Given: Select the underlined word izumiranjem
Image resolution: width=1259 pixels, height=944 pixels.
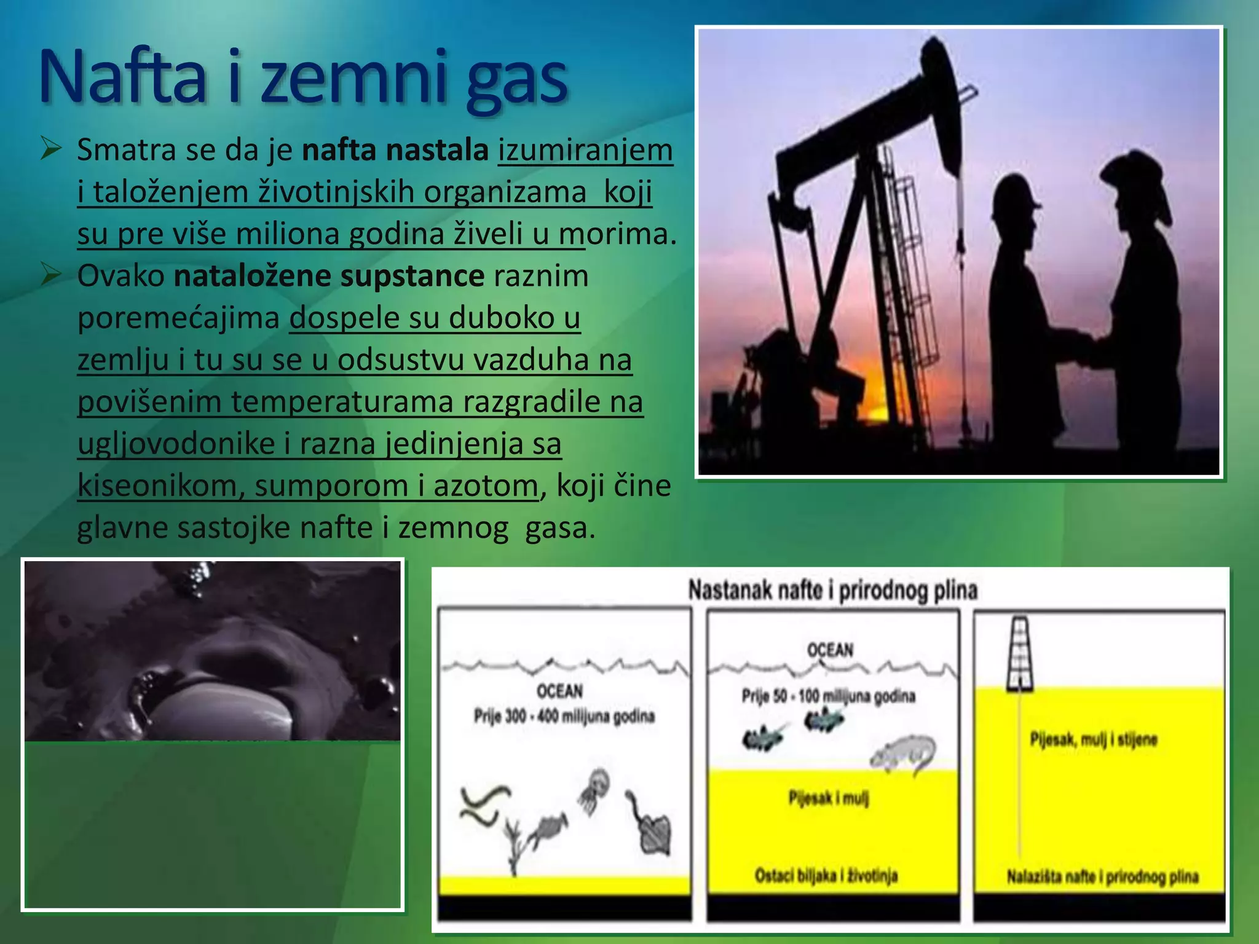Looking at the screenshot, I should click(585, 151).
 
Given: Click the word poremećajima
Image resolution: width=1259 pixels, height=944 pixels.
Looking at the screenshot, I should click(178, 318).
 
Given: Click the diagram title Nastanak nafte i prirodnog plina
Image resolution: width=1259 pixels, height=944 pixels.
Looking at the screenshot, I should click(832, 591).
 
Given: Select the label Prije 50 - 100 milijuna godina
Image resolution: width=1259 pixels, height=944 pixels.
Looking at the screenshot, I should click(828, 696).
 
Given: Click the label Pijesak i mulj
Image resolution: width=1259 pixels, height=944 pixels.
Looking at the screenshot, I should click(829, 798).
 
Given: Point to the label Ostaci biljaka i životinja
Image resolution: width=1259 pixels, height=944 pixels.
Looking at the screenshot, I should click(826, 876).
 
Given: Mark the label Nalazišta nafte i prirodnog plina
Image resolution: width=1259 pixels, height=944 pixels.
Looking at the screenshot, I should click(1102, 877).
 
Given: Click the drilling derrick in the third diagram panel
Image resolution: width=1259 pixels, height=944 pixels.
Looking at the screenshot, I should click(1019, 654).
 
